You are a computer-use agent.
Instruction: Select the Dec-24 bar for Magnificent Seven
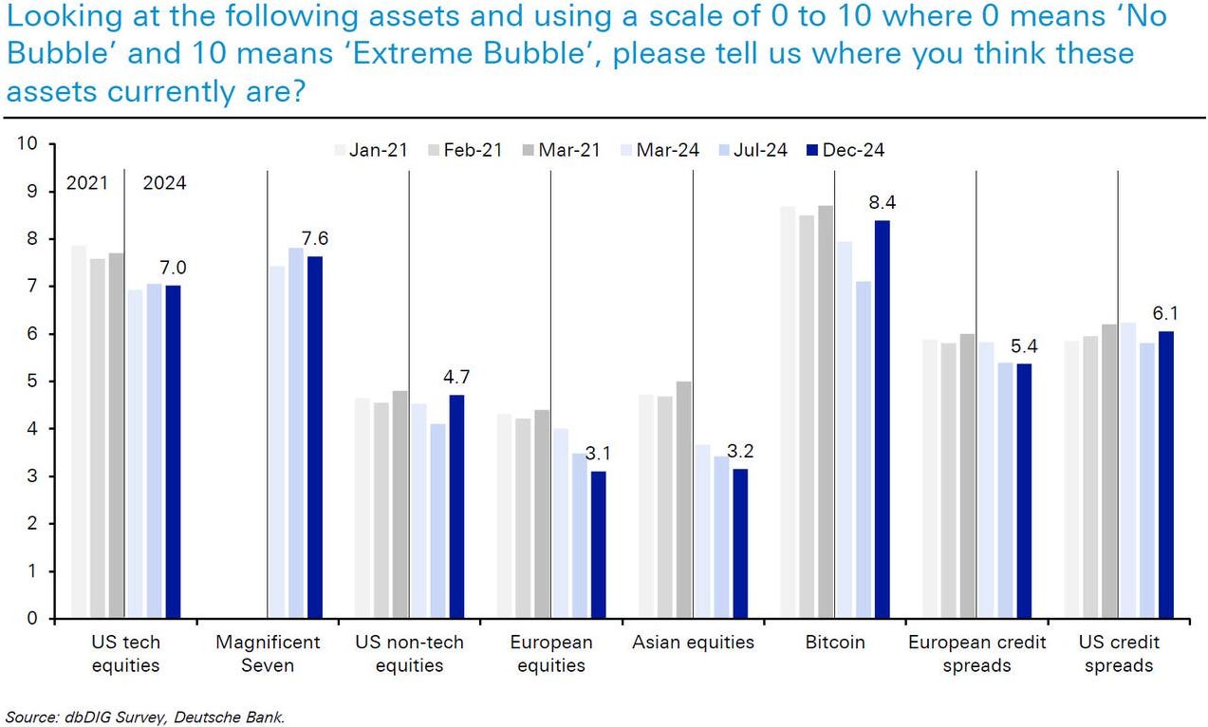point(315,438)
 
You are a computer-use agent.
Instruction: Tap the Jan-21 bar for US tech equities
point(79,432)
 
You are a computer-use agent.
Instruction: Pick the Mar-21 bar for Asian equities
point(683,499)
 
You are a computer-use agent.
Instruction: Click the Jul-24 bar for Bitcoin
point(864,450)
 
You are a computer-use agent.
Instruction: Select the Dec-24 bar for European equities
point(598,545)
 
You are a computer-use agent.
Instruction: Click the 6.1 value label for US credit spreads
point(1165,312)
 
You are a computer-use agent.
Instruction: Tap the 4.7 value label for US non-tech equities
point(457,377)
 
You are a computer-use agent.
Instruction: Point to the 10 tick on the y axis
point(27,144)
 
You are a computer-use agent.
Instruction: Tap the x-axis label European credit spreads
point(976,653)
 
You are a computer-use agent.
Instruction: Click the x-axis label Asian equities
point(693,643)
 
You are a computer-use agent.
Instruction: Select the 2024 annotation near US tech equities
point(164,184)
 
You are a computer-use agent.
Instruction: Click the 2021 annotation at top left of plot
point(87,184)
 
